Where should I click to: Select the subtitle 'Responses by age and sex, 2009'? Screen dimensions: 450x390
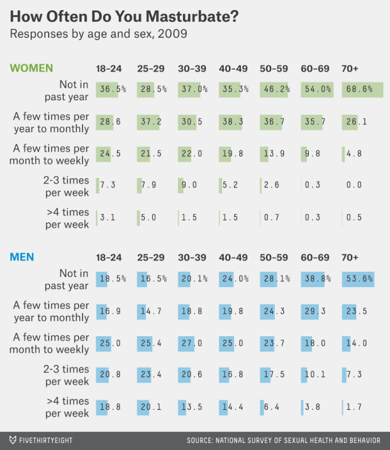pos(98,34)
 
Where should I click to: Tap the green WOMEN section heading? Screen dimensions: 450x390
pos(31,68)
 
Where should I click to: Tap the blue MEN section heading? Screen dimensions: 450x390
pos(22,257)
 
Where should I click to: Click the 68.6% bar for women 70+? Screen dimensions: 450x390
pos(363,89)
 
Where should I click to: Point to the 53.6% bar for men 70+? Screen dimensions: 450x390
pos(358,279)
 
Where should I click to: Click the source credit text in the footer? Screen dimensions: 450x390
pos(283,440)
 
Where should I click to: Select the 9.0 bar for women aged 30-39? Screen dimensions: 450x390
pos(180,185)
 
